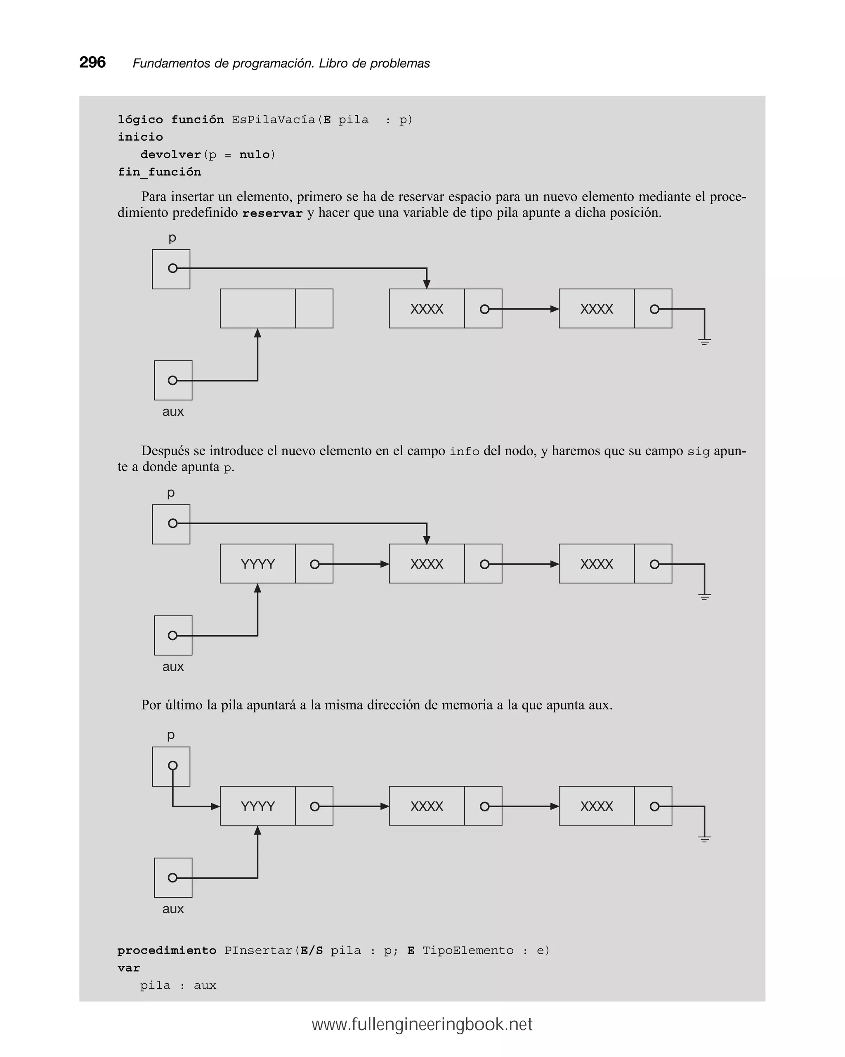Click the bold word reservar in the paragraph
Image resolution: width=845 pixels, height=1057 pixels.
(x=272, y=213)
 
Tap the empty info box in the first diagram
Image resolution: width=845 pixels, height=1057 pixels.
(x=257, y=308)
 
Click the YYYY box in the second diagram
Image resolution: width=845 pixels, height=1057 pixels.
(x=257, y=564)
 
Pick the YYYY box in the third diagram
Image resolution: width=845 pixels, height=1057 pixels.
(x=257, y=806)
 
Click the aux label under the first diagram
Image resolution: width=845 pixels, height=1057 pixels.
(x=172, y=412)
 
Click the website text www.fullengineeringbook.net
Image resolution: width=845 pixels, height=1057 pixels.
(x=422, y=1025)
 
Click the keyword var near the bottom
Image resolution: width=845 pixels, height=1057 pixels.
(x=128, y=968)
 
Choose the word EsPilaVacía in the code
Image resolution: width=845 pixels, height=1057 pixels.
(x=274, y=120)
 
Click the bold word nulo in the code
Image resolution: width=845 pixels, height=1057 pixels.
(x=255, y=155)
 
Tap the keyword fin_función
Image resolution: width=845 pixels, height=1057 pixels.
(x=159, y=172)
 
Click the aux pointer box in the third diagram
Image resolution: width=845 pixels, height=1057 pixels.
(x=173, y=877)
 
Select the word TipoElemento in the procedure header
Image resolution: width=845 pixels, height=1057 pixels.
(x=467, y=951)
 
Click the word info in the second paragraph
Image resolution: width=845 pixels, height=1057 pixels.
(x=464, y=452)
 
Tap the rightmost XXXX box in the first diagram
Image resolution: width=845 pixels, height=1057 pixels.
(x=597, y=309)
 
